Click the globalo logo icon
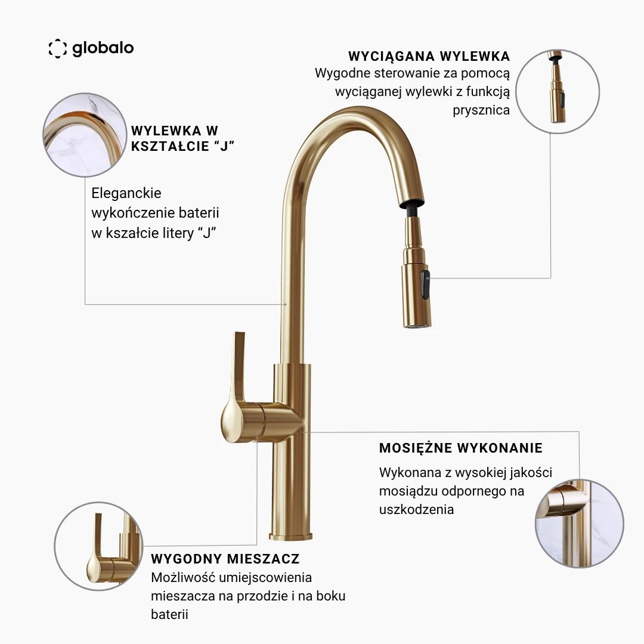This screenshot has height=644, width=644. pos(57,48)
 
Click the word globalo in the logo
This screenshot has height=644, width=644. pos(103,48)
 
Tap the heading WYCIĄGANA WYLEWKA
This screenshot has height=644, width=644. pos(429,57)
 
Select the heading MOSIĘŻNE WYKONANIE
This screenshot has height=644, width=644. pos(461,448)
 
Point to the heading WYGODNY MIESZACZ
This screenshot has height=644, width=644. pos(225,559)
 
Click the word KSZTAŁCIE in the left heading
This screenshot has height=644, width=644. pos(170,146)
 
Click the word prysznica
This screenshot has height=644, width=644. pos(481,110)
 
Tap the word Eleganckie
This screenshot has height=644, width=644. pos(126,193)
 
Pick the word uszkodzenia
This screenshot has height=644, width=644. pos(416,509)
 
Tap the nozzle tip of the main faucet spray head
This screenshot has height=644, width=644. pos(416,326)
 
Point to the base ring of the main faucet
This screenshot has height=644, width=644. pos(290,536)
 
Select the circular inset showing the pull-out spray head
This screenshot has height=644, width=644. pos(558,91)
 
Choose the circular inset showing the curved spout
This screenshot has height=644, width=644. pos(85,135)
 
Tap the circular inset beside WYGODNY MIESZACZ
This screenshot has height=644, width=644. pos(98,546)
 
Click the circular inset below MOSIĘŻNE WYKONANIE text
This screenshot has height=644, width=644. pos(580,524)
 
